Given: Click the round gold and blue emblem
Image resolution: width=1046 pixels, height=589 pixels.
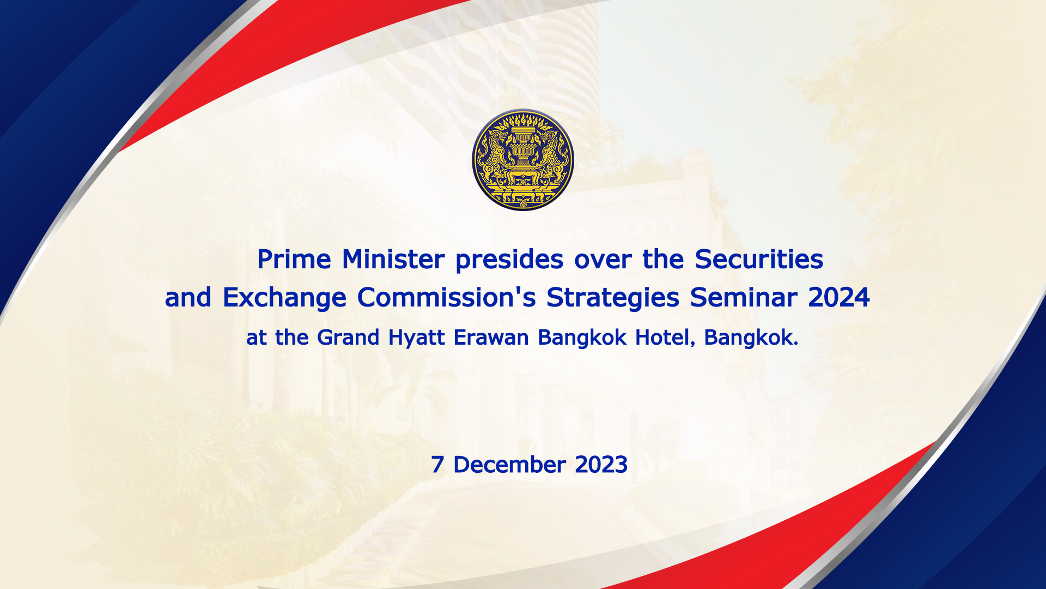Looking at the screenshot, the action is pyautogui.click(x=523, y=160).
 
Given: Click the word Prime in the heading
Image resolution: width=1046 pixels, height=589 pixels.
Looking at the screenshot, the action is pyautogui.click(x=294, y=259).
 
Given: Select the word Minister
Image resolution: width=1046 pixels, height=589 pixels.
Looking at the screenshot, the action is pyautogui.click(x=393, y=259).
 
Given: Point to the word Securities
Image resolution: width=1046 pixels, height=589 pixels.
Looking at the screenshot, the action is pyautogui.click(x=759, y=259).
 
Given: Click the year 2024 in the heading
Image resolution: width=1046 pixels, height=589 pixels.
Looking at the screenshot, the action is pyautogui.click(x=839, y=297).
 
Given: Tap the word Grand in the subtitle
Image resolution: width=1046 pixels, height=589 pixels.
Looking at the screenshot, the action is pyautogui.click(x=348, y=338).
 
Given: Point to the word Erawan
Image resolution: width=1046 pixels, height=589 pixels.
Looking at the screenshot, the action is pyautogui.click(x=491, y=338).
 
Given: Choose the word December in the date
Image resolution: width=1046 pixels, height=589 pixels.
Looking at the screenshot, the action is pyautogui.click(x=509, y=465).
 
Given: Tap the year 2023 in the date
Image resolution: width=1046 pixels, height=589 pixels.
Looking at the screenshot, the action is pyautogui.click(x=601, y=465).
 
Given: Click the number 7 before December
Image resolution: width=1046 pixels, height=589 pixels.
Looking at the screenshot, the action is pyautogui.click(x=437, y=465).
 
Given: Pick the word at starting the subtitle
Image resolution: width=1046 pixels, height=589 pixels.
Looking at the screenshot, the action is pyautogui.click(x=257, y=338).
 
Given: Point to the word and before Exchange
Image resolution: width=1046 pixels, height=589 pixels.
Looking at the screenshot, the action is pyautogui.click(x=188, y=298).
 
